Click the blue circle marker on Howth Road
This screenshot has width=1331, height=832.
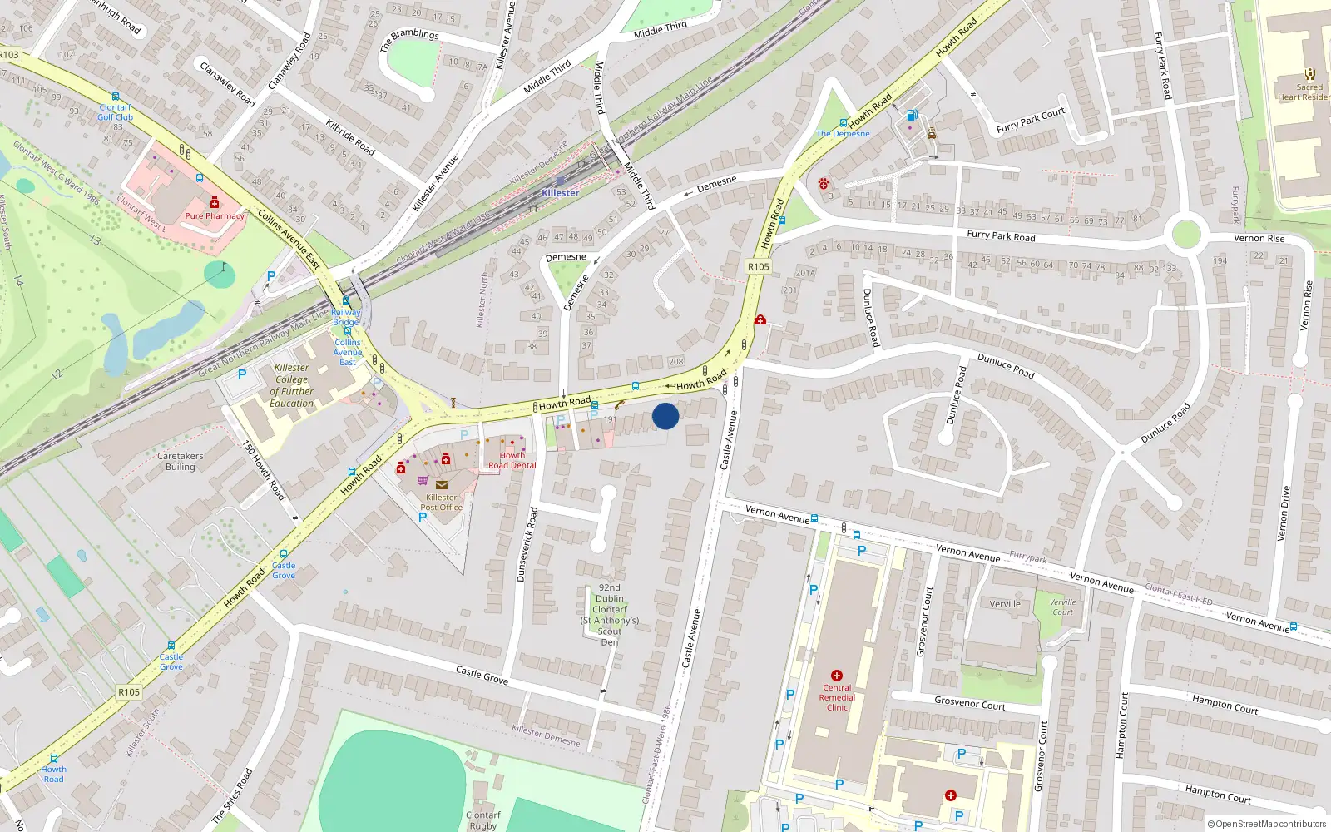(x=665, y=416)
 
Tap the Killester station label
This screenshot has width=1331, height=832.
(x=560, y=193)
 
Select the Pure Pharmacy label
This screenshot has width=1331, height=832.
(x=215, y=215)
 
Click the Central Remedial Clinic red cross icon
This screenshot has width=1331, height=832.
(x=837, y=676)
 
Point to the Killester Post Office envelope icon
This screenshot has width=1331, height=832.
(x=441, y=485)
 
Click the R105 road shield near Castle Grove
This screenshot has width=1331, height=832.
(x=129, y=692)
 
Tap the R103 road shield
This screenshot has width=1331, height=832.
(x=9, y=55)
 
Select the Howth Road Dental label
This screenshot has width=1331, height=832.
(x=512, y=461)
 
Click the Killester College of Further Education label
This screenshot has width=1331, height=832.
(x=291, y=385)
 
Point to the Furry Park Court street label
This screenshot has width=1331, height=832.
(x=1030, y=121)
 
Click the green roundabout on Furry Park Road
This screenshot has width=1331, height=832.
(x=1185, y=233)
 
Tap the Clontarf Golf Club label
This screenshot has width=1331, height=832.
(x=115, y=112)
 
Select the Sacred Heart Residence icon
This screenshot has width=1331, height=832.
(x=1310, y=74)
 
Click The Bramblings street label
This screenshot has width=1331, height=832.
(x=409, y=39)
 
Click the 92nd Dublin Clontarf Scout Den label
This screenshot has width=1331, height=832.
(x=610, y=614)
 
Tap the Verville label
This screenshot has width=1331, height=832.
(x=1005, y=604)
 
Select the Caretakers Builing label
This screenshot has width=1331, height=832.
(x=180, y=461)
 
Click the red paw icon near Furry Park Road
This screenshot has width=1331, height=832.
(x=824, y=184)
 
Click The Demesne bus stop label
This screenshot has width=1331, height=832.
(x=843, y=133)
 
